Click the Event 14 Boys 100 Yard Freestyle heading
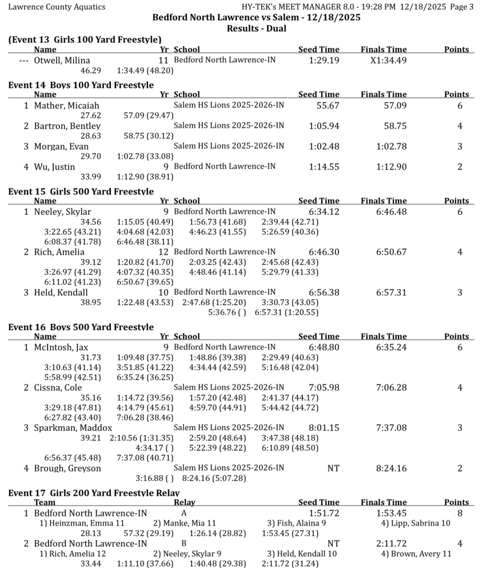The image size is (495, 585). [x=81, y=85]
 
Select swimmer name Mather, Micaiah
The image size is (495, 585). [x=66, y=106]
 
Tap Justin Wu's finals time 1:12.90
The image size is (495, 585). [x=392, y=167]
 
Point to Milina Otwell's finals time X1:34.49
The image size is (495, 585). [x=389, y=61]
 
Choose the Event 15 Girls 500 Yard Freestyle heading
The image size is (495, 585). [x=81, y=191]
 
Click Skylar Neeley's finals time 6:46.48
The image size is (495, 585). [x=392, y=212]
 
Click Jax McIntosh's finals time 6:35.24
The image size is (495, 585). [x=392, y=347]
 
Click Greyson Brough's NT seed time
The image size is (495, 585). [x=333, y=468]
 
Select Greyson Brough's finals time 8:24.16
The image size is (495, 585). [x=392, y=468]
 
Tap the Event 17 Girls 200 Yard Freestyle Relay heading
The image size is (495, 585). [x=94, y=492]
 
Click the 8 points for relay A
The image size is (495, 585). [x=460, y=514]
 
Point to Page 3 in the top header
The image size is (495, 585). [x=462, y=7]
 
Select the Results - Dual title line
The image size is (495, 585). [x=257, y=29]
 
